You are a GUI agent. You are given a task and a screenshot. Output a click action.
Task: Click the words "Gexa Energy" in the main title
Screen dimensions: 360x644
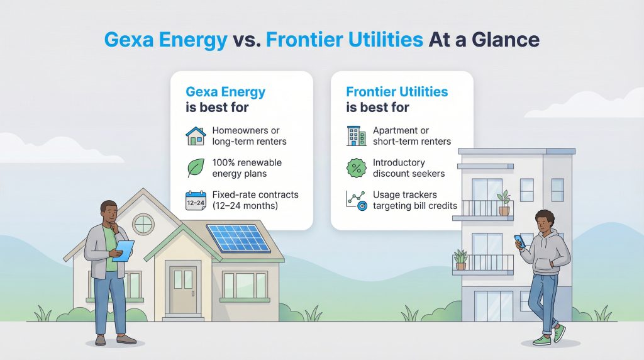(x=165, y=41)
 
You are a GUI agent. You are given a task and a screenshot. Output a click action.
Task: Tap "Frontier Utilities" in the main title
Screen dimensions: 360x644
(x=344, y=41)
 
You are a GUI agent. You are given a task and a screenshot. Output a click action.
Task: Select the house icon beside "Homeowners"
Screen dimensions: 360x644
(x=196, y=136)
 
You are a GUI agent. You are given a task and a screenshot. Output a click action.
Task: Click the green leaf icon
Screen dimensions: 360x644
(x=196, y=168)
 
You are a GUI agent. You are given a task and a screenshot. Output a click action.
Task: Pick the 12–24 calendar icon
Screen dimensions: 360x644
(x=196, y=201)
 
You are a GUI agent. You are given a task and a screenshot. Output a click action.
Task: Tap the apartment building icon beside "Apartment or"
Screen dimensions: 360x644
(x=356, y=136)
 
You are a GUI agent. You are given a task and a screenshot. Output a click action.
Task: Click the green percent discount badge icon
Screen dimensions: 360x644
(x=356, y=168)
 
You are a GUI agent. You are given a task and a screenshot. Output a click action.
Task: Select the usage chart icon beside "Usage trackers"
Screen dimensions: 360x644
(x=356, y=201)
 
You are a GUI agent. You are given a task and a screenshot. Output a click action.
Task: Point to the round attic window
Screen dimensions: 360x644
(x=143, y=223)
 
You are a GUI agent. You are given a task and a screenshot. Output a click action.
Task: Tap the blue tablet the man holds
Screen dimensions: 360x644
(x=123, y=250)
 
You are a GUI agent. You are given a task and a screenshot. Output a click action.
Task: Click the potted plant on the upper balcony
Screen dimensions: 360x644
(x=503, y=203)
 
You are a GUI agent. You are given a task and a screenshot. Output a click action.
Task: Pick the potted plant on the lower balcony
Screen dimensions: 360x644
(x=461, y=259)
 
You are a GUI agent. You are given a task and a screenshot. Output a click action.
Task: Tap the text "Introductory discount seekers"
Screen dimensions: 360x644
(x=409, y=168)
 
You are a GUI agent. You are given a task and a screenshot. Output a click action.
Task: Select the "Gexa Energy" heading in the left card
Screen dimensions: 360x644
(x=226, y=92)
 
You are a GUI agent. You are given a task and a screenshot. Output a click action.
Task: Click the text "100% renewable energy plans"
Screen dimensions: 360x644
(x=247, y=168)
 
